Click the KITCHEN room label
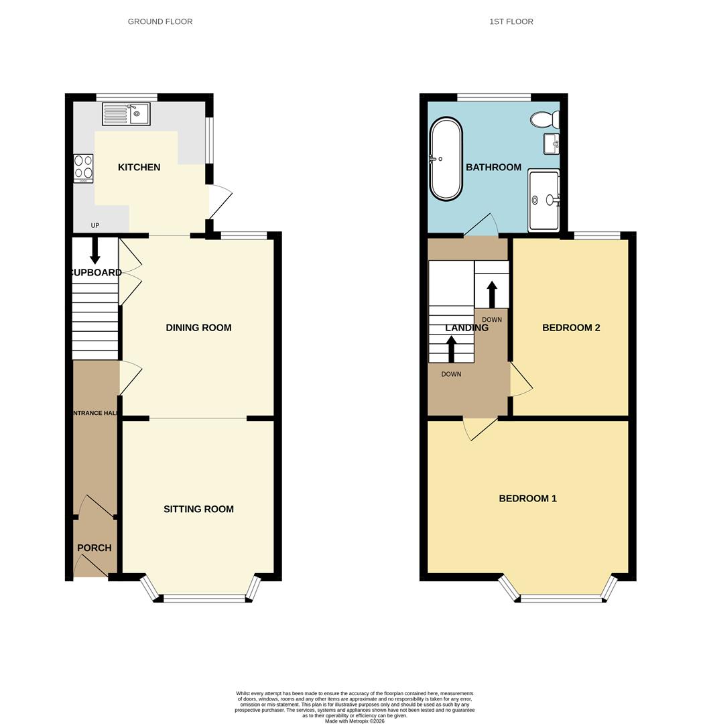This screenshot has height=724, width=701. (x=139, y=167)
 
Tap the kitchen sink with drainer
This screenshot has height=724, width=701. (x=126, y=114)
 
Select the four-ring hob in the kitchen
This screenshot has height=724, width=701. (x=84, y=169)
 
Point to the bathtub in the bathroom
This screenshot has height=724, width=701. (x=446, y=160)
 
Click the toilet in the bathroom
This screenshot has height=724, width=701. (x=544, y=120)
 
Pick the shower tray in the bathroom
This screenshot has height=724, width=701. (x=544, y=200)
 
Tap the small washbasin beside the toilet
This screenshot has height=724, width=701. (x=552, y=143)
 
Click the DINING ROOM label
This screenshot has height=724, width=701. (x=198, y=328)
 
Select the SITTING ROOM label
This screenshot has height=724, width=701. (x=198, y=509)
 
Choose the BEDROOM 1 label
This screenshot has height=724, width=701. (x=527, y=498)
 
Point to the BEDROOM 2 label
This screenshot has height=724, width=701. (x=571, y=328)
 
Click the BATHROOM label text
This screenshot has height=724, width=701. (x=493, y=167)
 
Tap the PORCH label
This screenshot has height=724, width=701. (x=94, y=548)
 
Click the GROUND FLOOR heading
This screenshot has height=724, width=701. (x=160, y=21)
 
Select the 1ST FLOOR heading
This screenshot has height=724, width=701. (x=511, y=21)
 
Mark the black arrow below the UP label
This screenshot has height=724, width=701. (x=95, y=250)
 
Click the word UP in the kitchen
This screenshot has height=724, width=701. (x=95, y=226)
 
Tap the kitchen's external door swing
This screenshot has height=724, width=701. (x=220, y=201)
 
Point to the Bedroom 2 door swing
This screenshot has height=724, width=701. (x=521, y=380)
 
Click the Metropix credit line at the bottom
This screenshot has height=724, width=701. (x=355, y=721)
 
